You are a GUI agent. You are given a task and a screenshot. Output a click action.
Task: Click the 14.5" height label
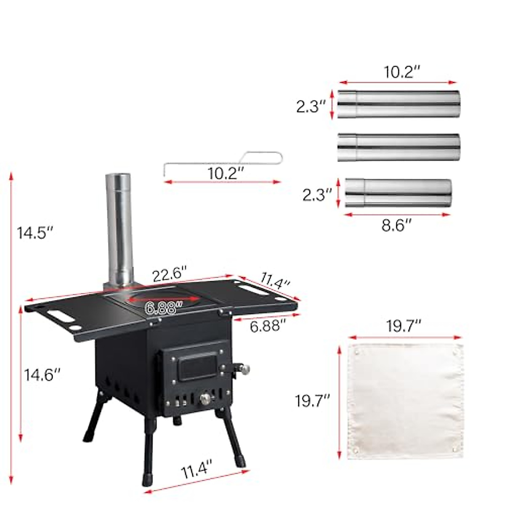(34, 233)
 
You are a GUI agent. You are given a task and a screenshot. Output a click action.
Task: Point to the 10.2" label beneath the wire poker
(226, 173)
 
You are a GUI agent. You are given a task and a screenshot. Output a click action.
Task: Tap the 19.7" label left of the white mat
(312, 401)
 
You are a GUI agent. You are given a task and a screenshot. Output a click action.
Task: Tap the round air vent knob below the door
(205, 399)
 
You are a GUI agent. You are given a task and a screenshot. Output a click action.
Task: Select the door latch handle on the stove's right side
(241, 369)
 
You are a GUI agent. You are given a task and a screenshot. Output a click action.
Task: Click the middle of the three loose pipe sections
(399, 147)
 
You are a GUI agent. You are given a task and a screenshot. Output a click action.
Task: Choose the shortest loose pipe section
(398, 193)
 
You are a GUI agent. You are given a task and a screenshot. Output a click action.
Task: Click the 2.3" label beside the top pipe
(311, 106)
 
